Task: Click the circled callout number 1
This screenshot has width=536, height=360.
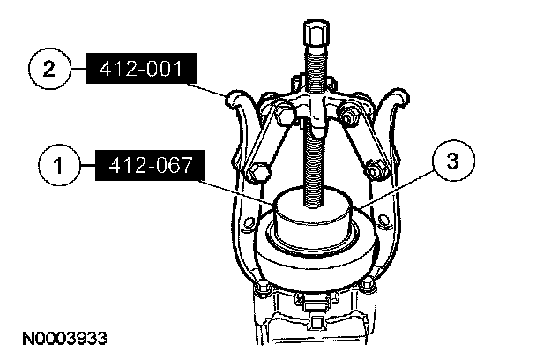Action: coord(59,165)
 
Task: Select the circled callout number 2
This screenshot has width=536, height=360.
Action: coord(49,69)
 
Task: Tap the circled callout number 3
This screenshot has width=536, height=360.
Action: coord(453,161)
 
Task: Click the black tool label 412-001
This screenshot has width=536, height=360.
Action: coord(141,68)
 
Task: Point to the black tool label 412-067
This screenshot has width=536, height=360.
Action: coord(151,165)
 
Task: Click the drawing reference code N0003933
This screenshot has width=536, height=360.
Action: coord(64,339)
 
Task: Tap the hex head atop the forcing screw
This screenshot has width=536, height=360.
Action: coord(316,34)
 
